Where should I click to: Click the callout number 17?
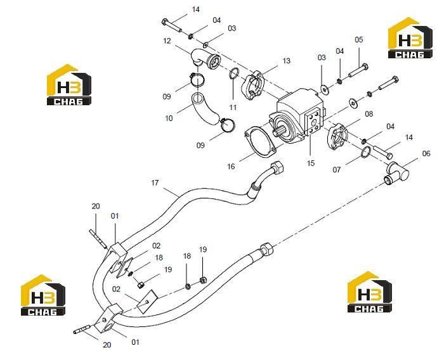pyautogui.click(x=155, y=183)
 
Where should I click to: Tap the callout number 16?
pyautogui.click(x=231, y=167)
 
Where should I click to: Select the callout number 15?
pyautogui.click(x=311, y=164)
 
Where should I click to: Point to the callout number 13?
pyautogui.click(x=286, y=61)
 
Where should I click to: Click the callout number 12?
pyautogui.click(x=167, y=41)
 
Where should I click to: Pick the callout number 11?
pyautogui.click(x=233, y=107)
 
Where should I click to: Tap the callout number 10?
pyautogui.click(x=169, y=118)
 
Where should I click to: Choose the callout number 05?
pyautogui.click(x=358, y=39)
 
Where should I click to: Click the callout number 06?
pyautogui.click(x=426, y=153)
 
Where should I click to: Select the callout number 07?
pyautogui.click(x=336, y=169)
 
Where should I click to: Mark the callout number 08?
pyautogui.click(x=369, y=114)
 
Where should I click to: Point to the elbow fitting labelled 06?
pyautogui.click(x=398, y=172)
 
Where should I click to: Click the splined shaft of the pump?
pyautogui.click(x=280, y=132)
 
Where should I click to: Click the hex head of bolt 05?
pyautogui.click(x=365, y=67)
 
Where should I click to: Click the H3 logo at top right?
pyautogui.click(x=410, y=38)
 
